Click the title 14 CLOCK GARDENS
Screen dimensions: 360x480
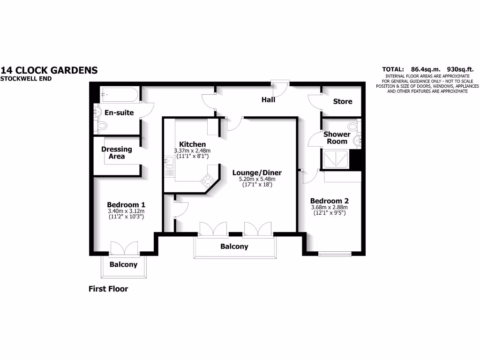(x=49, y=70)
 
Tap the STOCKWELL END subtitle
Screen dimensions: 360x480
(x=26, y=79)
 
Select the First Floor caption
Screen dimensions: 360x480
(x=108, y=289)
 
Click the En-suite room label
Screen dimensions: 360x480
(x=119, y=112)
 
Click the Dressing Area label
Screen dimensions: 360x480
(x=117, y=153)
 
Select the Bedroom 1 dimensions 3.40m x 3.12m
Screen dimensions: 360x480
(x=126, y=212)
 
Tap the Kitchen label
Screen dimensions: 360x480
(x=192, y=144)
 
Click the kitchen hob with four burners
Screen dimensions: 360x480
(x=207, y=180)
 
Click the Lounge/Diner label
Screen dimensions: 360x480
(x=254, y=172)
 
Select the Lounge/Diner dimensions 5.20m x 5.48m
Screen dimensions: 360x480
(x=254, y=179)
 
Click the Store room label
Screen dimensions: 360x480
(x=342, y=101)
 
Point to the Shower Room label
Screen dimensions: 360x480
(x=337, y=138)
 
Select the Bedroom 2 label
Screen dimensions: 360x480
(x=330, y=201)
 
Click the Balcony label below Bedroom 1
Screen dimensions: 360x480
(x=123, y=264)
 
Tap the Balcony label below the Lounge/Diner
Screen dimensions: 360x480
(x=234, y=247)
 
